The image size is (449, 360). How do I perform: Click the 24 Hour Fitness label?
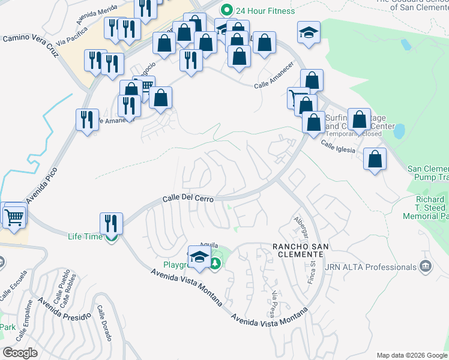click(265, 11)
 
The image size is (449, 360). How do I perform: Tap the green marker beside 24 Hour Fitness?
click(226, 10)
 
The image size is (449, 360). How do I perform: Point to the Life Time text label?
click(85, 236)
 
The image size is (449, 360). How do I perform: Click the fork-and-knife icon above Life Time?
click(111, 223)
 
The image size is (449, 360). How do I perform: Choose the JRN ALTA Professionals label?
click(370, 266)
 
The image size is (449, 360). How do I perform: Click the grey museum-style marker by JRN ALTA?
click(426, 266)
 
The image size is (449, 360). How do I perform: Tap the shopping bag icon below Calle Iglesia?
click(375, 160)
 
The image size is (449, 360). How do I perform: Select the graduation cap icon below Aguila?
click(199, 257)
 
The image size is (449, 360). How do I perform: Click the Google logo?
click(20, 353)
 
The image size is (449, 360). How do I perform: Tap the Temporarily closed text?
click(354, 134)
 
